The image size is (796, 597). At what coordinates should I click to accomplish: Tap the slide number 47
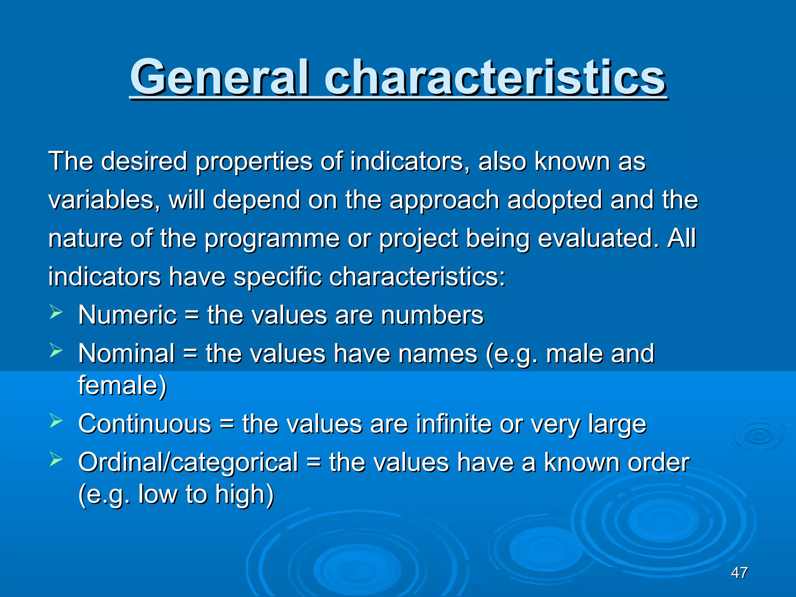[x=739, y=573]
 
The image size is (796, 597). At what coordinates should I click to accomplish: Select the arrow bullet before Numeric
[x=56, y=312]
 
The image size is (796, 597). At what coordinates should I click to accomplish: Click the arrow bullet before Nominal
[x=56, y=351]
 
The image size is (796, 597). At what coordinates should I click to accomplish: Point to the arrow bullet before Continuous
[x=56, y=421]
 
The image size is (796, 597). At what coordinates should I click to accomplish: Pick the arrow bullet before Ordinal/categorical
[x=56, y=460]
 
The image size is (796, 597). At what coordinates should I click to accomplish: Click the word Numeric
[x=127, y=315]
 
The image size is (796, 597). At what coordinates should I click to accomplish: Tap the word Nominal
[x=127, y=353]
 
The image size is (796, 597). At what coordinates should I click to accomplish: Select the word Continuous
[x=145, y=424]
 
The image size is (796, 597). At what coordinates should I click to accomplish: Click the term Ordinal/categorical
[x=188, y=463]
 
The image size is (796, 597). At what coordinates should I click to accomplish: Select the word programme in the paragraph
[x=272, y=239]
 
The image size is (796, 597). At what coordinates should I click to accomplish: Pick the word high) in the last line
[x=245, y=494]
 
